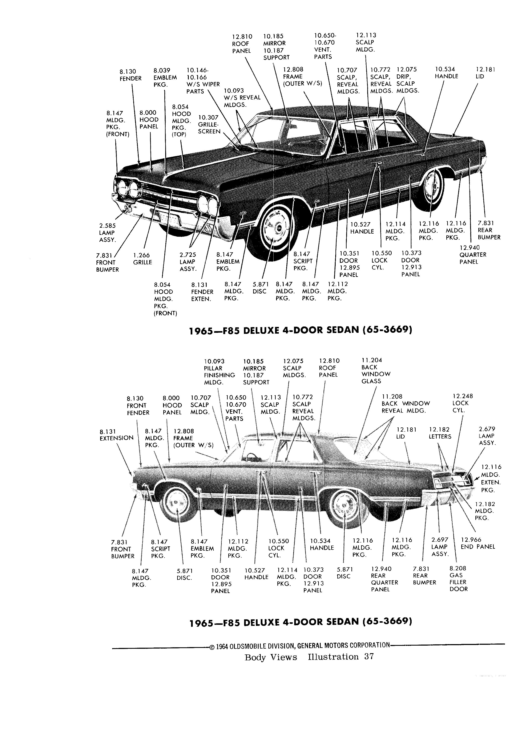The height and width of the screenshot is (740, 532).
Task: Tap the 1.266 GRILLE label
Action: tap(142, 259)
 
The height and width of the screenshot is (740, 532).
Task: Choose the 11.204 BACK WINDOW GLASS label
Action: tap(376, 371)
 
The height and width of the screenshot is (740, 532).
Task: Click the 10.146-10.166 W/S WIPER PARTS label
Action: tap(203, 81)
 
